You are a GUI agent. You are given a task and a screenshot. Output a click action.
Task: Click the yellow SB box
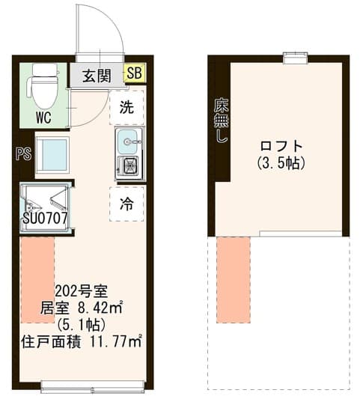pos(135,73)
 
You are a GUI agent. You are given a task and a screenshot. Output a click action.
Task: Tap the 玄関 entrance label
pos(97,76)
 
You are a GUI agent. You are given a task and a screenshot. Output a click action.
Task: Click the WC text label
pos(43,118)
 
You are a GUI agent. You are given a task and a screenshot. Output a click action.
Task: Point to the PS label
pos(23,154)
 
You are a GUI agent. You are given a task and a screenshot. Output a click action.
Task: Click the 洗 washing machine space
pos(126,107)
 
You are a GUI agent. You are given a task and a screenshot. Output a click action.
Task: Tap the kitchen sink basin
pos(129,141)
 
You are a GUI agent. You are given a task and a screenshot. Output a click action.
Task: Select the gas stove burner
pos(130,165)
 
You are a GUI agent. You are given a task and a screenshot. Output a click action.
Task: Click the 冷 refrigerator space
pos(126,204)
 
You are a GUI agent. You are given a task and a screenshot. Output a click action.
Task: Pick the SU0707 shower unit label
pos(46,218)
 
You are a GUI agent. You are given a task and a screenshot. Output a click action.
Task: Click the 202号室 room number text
pos(82,292)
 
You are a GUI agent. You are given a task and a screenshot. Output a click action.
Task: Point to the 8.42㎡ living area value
pos(100,308)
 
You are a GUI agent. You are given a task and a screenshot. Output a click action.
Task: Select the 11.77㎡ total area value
pos(116,342)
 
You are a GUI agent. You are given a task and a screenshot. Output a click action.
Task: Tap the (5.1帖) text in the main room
pos(82,325)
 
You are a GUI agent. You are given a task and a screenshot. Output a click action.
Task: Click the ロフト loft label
pos(281,146)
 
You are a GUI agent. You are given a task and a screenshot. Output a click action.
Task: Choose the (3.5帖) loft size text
pos(281,163)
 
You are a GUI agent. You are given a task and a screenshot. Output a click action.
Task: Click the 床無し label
pos(221,121)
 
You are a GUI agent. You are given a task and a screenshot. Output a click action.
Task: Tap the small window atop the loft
pos(296,58)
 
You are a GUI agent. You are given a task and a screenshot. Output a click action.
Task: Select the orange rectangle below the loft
pos(234,280)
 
